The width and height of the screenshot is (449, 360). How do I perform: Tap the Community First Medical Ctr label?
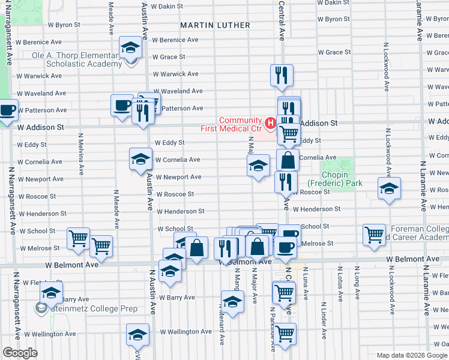click(240, 124)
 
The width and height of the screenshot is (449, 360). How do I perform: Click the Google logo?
click(20, 353)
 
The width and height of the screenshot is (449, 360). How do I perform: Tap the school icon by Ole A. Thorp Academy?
click(130, 49)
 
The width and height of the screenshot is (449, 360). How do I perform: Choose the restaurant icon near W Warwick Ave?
click(281, 75)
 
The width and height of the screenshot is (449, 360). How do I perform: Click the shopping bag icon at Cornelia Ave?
click(288, 160)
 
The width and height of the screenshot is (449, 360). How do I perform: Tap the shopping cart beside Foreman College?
click(375, 235)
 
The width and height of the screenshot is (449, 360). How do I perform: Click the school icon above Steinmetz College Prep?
click(52, 294)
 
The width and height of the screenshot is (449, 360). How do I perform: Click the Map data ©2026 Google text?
click(409, 355)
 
